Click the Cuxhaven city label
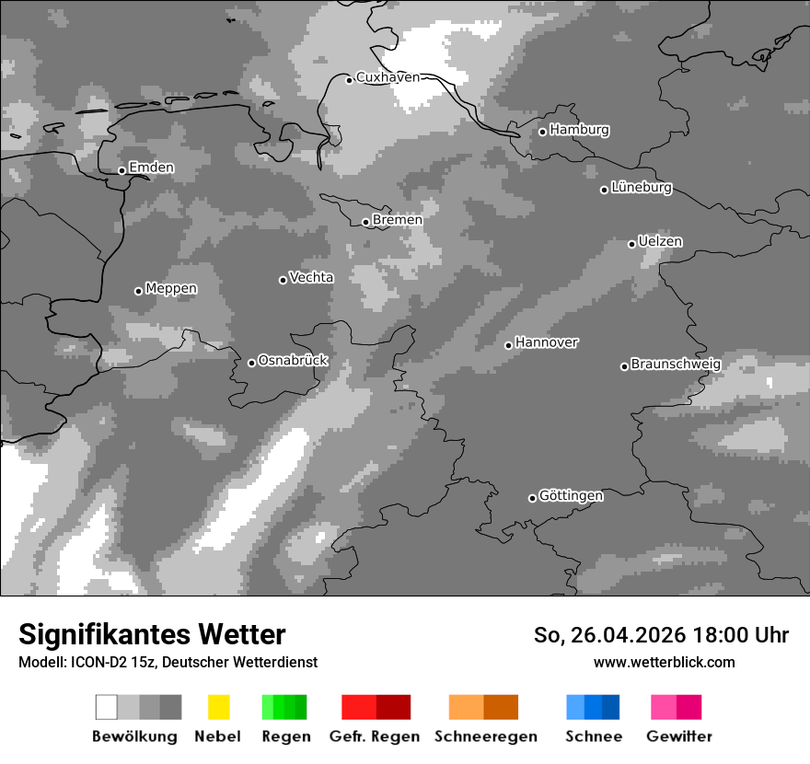pos(388,77)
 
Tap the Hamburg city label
pos(579,130)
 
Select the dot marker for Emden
pos(121,170)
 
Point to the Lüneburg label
pos(642,188)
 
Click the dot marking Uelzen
pos(631,244)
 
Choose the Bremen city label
pos(398,220)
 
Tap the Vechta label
pos(311,277)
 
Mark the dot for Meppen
pos(138,291)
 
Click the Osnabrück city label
pos(293,361)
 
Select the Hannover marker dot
pos(508,345)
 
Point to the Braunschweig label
pos(676,365)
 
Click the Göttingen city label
pos(571,496)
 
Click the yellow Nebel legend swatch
pos(218,707)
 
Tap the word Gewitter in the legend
pos(679,736)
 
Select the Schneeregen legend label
pos(486,736)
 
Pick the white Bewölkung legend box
pos(107,707)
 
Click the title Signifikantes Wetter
pos(152,634)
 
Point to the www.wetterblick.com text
pos(664,662)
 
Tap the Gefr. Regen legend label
pos(374,736)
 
